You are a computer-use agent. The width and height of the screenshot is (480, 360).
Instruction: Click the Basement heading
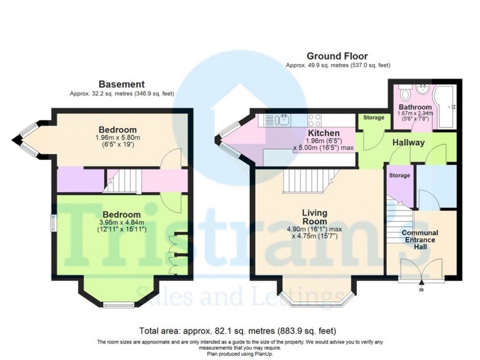click(121, 84)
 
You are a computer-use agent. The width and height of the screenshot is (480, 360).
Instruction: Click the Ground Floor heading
click(337, 56)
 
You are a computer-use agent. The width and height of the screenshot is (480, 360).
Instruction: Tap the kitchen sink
click(283, 120)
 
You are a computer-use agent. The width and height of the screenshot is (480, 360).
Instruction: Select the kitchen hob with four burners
click(315, 120)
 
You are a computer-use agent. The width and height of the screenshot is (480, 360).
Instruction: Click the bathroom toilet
click(404, 89)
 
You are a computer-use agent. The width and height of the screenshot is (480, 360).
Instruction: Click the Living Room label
click(314, 217)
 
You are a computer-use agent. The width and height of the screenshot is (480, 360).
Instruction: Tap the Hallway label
click(409, 142)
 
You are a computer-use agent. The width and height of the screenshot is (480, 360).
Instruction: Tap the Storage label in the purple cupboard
click(400, 176)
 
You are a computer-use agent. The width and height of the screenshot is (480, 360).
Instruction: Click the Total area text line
click(237, 330)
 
